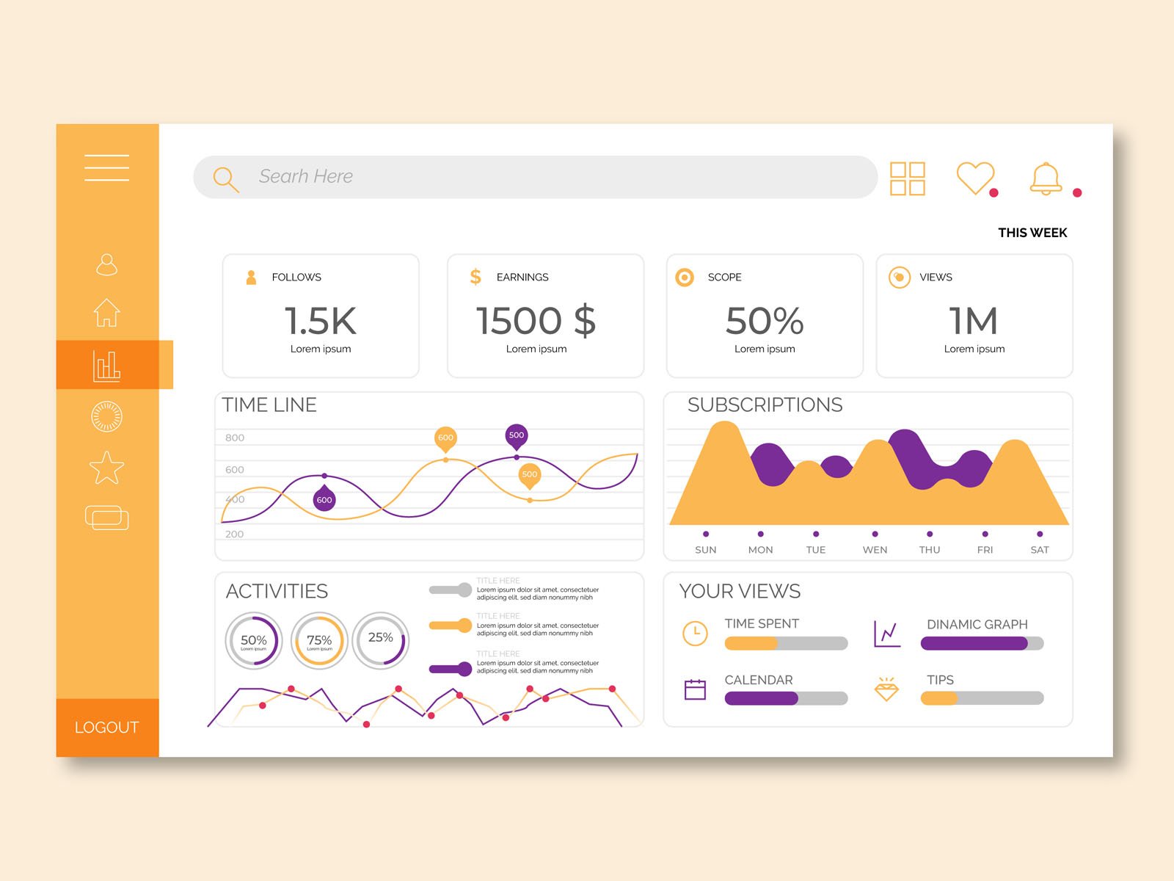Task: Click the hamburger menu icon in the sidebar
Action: (106, 167)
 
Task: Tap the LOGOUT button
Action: (106, 727)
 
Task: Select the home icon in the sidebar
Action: (106, 313)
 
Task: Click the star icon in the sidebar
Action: (106, 468)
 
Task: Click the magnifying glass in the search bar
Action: (225, 178)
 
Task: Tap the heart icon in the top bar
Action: (974, 178)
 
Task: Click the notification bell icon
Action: (1046, 178)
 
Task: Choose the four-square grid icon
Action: (907, 178)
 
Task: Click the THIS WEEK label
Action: (1032, 233)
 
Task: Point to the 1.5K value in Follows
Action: (320, 321)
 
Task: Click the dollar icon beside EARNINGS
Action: (475, 277)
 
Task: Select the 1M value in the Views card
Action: (973, 321)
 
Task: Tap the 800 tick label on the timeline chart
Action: (235, 438)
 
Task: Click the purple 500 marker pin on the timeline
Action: (517, 435)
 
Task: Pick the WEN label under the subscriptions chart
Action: (875, 550)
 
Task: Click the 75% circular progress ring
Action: (319, 640)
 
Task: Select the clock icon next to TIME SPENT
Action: (695, 633)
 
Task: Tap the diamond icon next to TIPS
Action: (886, 689)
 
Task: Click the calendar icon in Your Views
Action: (695, 689)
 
